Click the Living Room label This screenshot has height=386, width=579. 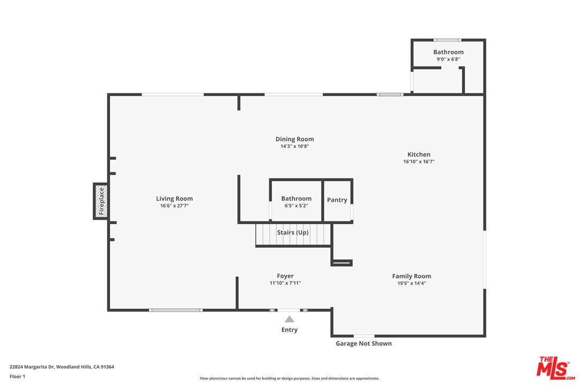click(x=174, y=198)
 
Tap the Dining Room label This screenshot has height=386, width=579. click(x=295, y=139)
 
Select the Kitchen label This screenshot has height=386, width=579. click(x=419, y=154)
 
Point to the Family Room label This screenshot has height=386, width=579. click(x=411, y=276)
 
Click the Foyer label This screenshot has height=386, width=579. click(x=285, y=276)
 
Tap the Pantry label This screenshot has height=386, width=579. click(x=337, y=200)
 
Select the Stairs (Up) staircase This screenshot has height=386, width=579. click(x=293, y=234)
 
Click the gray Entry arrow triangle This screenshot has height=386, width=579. click(x=289, y=319)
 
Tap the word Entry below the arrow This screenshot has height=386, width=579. click(x=289, y=330)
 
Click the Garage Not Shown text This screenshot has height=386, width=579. click(x=363, y=344)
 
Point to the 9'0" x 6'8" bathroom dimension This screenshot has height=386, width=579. click(x=448, y=59)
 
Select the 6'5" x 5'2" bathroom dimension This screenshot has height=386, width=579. click(x=296, y=206)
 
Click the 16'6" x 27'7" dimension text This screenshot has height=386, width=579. click(x=174, y=206)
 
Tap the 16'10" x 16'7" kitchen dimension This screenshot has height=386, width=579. click(x=419, y=161)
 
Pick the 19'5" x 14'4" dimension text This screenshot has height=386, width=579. click(x=411, y=283)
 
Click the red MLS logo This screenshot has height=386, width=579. click(x=556, y=368)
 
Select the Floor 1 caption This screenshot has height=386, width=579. click(x=17, y=376)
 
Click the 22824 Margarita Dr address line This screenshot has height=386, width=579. click(x=62, y=367)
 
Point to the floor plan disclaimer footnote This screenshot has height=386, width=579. click(x=289, y=378)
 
